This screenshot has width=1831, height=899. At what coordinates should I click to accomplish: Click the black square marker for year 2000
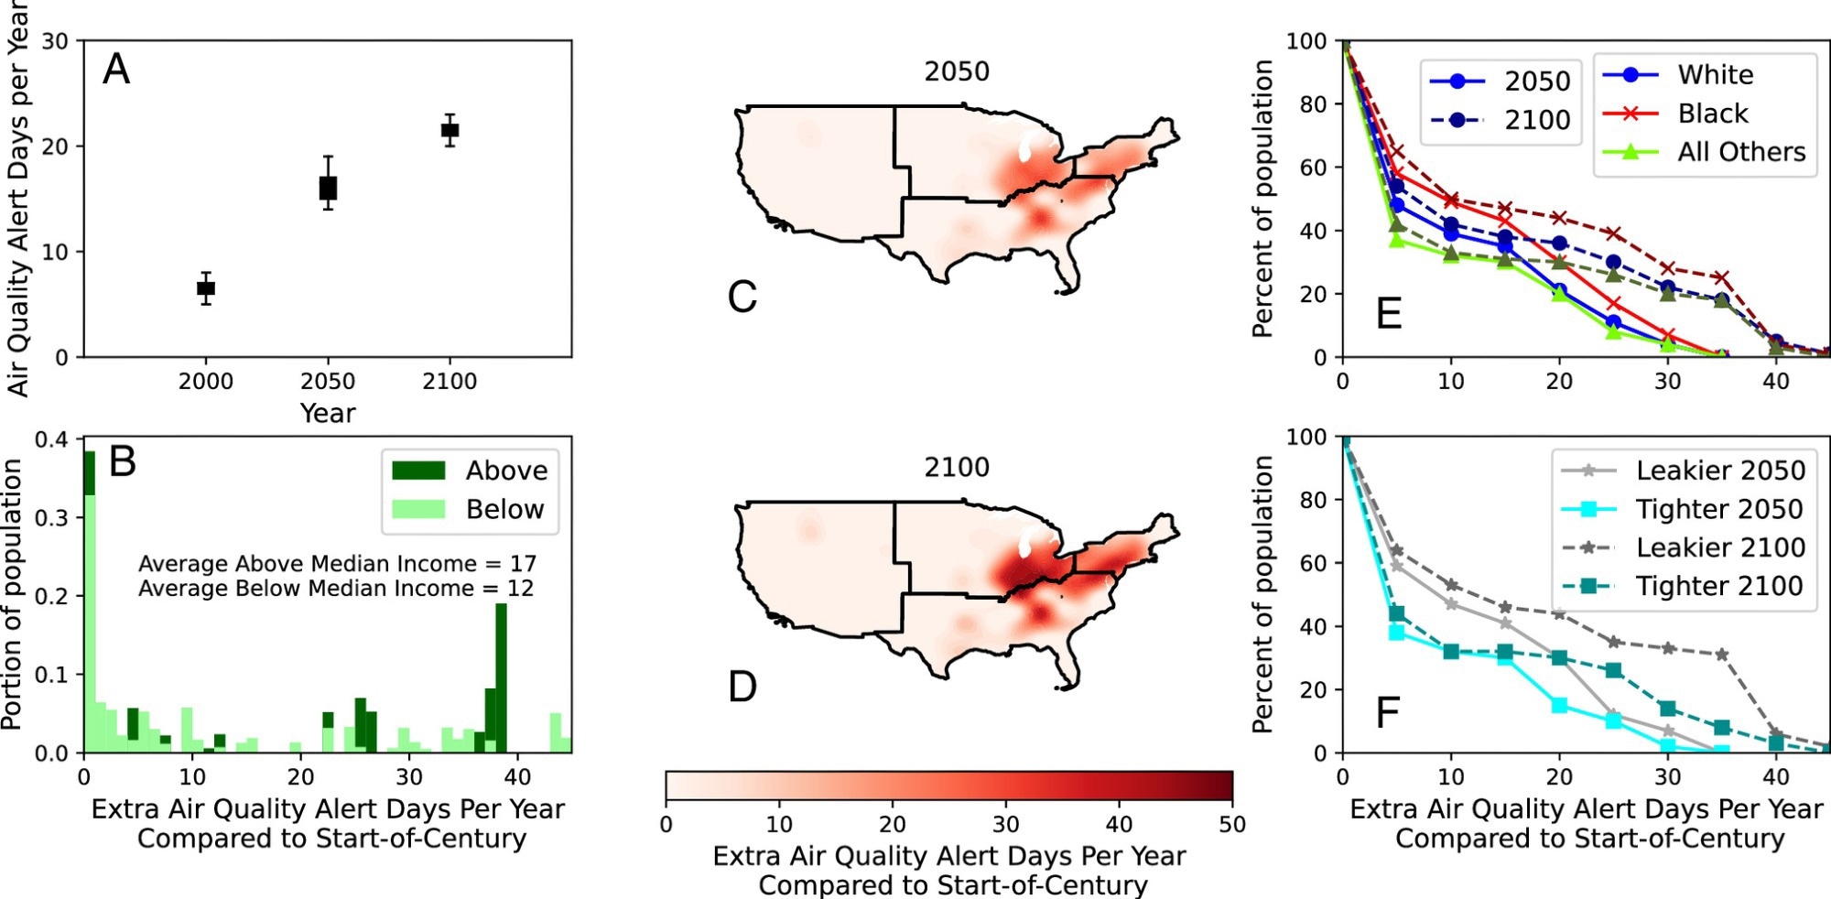pos(206,288)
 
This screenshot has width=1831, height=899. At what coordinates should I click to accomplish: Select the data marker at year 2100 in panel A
pos(450,130)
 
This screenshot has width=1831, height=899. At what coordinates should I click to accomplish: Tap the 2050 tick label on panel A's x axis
pos(328,381)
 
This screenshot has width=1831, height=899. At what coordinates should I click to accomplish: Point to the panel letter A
pos(116,70)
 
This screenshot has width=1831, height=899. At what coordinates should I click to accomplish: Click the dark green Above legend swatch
pos(418,471)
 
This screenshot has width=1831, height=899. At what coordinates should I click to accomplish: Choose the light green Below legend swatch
pos(418,509)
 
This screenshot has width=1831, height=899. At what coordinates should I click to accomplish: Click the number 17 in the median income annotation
pos(523,563)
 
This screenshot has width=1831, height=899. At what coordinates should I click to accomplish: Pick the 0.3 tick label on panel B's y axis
pos(51,518)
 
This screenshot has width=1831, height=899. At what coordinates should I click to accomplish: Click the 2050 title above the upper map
pos(957,71)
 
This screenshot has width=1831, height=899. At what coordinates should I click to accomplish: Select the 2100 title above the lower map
pos(957,468)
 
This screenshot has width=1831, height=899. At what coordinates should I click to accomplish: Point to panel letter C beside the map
pos(742,298)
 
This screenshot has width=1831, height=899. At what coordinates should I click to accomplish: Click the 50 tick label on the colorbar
pos(1232,825)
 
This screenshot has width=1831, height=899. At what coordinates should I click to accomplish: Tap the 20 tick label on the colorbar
pos(893,825)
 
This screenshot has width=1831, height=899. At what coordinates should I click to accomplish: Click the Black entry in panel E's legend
pos(1712,114)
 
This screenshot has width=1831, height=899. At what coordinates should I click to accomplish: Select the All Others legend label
pos(1741,152)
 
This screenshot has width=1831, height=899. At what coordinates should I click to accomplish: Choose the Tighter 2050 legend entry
pos(1719,509)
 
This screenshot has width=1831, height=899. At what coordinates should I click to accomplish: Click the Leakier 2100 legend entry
pos(1720,547)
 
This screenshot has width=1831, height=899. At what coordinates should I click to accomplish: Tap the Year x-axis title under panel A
pos(328,413)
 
